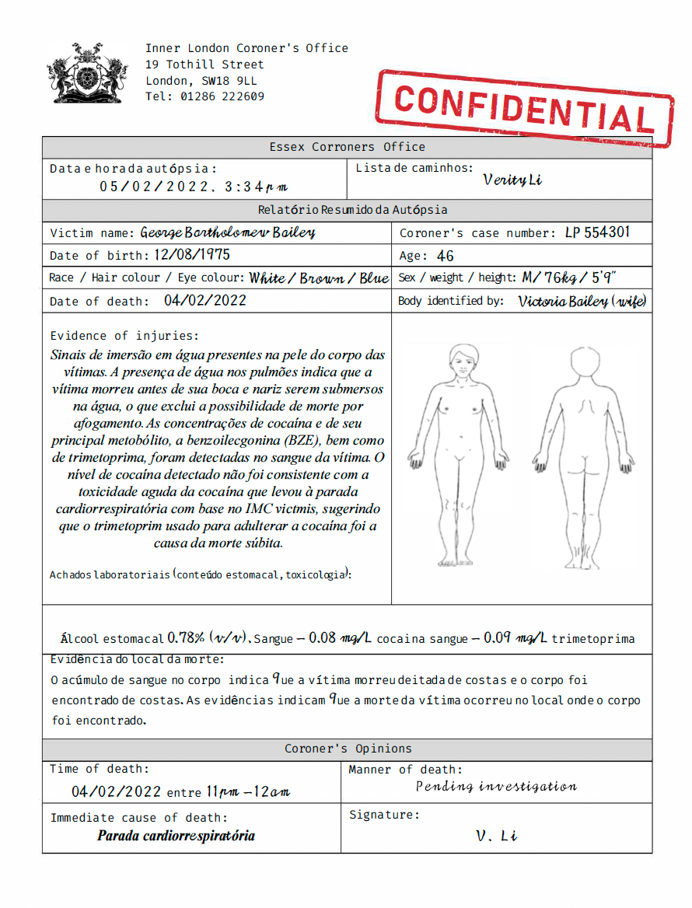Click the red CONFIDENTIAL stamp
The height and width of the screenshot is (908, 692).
[x=525, y=108]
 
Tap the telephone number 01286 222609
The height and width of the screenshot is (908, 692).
[x=222, y=97]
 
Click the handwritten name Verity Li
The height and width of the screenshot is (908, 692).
[x=512, y=180]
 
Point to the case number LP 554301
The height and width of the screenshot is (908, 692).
[x=596, y=232]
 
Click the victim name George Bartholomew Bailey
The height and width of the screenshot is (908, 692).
[x=228, y=232]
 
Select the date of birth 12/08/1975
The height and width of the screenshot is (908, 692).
[x=191, y=255]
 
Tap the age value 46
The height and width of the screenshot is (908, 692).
[x=446, y=256]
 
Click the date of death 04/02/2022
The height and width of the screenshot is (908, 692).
[x=205, y=301]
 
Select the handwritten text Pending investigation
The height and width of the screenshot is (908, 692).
[x=496, y=786]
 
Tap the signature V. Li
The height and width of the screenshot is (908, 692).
[x=497, y=836]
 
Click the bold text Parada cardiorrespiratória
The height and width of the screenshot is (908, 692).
[x=176, y=836]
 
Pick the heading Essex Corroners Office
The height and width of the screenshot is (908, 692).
[x=347, y=147]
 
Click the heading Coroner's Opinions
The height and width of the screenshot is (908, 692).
[x=348, y=749]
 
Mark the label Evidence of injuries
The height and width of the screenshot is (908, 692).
[x=124, y=336]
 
